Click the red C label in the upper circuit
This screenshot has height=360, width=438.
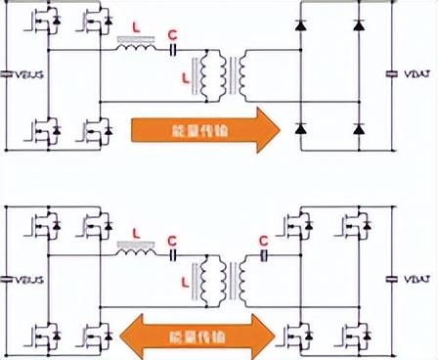(172, 37)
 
